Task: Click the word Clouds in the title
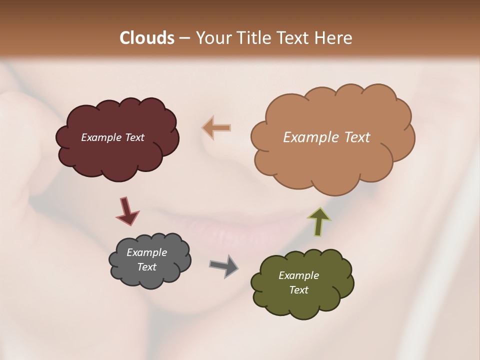146,38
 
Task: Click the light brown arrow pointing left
216,127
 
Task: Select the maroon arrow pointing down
127,210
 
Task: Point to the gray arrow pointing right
224,265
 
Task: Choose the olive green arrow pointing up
319,221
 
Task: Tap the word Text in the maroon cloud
134,137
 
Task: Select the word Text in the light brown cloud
357,137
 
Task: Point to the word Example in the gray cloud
147,252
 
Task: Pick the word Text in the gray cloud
147,267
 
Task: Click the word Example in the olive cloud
298,275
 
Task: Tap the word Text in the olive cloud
298,290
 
